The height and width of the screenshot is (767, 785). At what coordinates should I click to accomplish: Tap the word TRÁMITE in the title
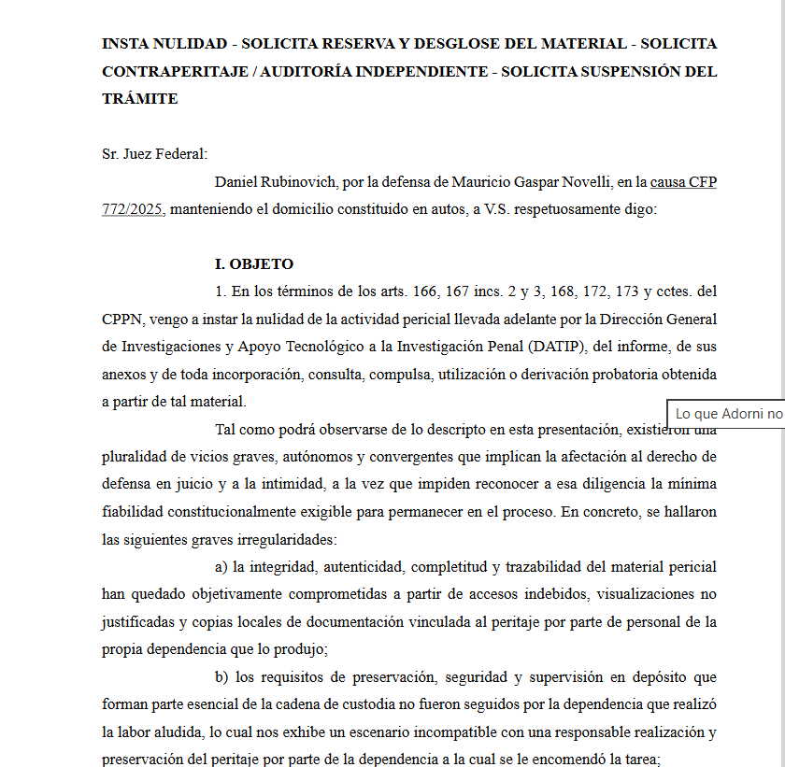coord(139,98)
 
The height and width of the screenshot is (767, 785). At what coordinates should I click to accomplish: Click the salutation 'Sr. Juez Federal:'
coord(154,154)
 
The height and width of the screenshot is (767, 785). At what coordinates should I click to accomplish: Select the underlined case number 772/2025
coord(133,209)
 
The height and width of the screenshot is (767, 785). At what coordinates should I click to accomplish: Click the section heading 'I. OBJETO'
coord(254,264)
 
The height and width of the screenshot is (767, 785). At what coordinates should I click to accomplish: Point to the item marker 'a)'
coord(221,567)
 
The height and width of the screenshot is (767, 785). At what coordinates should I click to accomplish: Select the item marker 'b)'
coord(221,677)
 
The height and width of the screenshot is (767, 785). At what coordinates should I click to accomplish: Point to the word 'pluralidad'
coord(133,457)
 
